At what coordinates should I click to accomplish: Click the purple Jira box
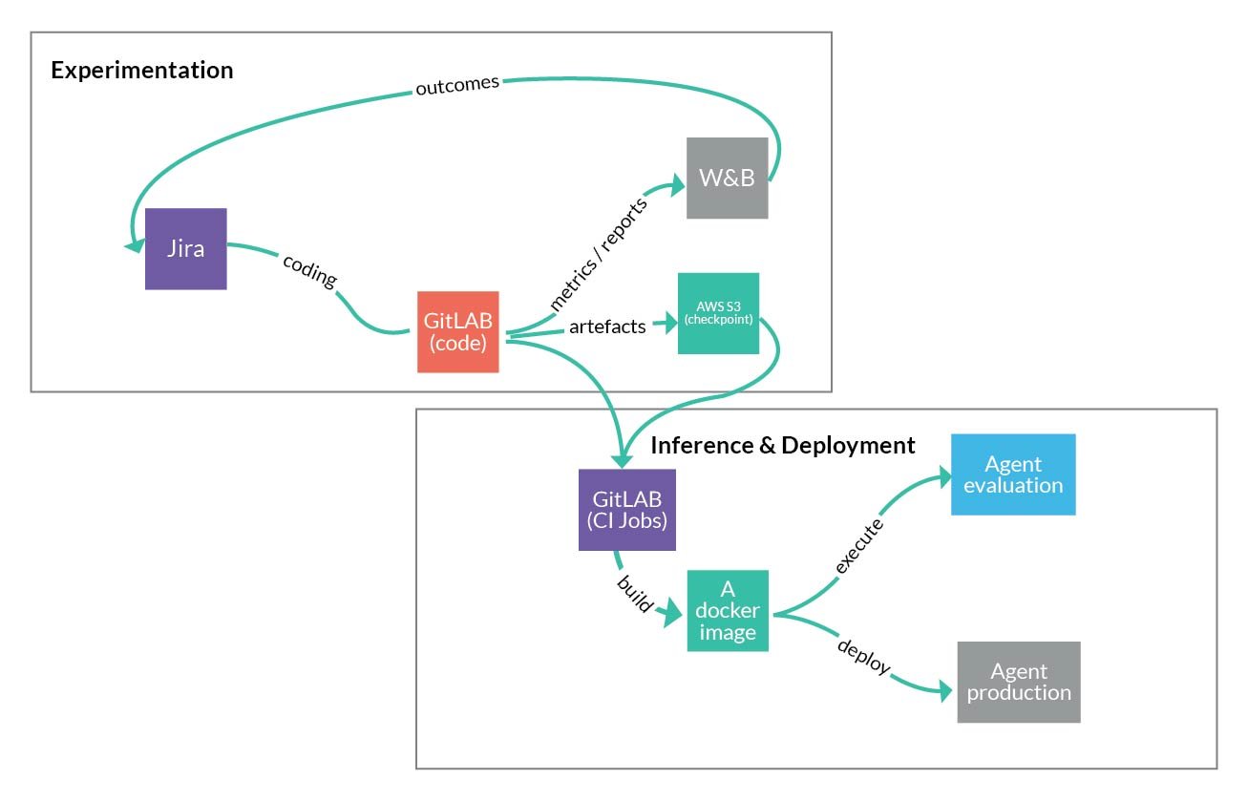(x=185, y=248)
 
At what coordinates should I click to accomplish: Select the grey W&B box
(x=727, y=179)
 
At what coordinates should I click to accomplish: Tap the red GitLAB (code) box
(x=457, y=331)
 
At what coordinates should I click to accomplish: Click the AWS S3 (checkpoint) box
(x=718, y=313)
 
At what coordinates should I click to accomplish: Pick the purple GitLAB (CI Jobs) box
(x=626, y=509)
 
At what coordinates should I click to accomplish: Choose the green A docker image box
(x=727, y=611)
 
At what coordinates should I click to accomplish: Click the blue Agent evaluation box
(x=1012, y=474)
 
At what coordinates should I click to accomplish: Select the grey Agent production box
(x=1018, y=682)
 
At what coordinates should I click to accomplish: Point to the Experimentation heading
(x=141, y=70)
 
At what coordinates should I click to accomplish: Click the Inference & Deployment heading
(x=782, y=445)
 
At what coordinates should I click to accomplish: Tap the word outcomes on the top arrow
(x=456, y=86)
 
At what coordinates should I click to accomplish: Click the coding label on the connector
(x=309, y=271)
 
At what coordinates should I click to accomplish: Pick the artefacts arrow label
(x=607, y=327)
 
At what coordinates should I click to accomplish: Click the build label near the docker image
(x=636, y=593)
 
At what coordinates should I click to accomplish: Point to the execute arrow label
(x=858, y=545)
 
